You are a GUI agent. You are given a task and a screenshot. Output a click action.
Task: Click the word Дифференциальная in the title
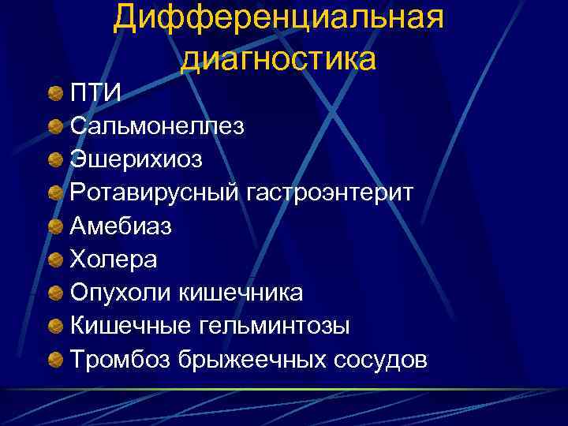point(278,18)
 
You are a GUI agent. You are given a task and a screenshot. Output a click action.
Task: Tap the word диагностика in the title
point(278,58)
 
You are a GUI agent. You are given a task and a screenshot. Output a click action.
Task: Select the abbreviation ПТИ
point(95,94)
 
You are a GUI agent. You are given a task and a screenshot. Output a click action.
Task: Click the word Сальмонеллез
point(157,126)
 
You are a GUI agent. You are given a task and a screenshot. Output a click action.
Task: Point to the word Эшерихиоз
point(136,159)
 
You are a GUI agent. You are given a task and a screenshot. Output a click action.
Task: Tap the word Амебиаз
point(121,226)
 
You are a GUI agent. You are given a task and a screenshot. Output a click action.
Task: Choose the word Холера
point(114,260)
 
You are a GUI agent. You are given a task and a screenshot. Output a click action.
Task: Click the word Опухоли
point(120,293)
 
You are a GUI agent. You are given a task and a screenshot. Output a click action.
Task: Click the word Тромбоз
point(118,360)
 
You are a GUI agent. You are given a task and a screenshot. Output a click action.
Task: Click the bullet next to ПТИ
point(54,95)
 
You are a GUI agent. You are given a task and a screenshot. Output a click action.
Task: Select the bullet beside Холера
point(54,260)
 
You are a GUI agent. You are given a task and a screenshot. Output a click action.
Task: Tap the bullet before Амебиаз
point(54,226)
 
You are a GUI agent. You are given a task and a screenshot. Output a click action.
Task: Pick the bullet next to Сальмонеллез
point(54,126)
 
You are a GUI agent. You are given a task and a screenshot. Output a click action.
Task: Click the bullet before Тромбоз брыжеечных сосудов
point(54,360)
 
